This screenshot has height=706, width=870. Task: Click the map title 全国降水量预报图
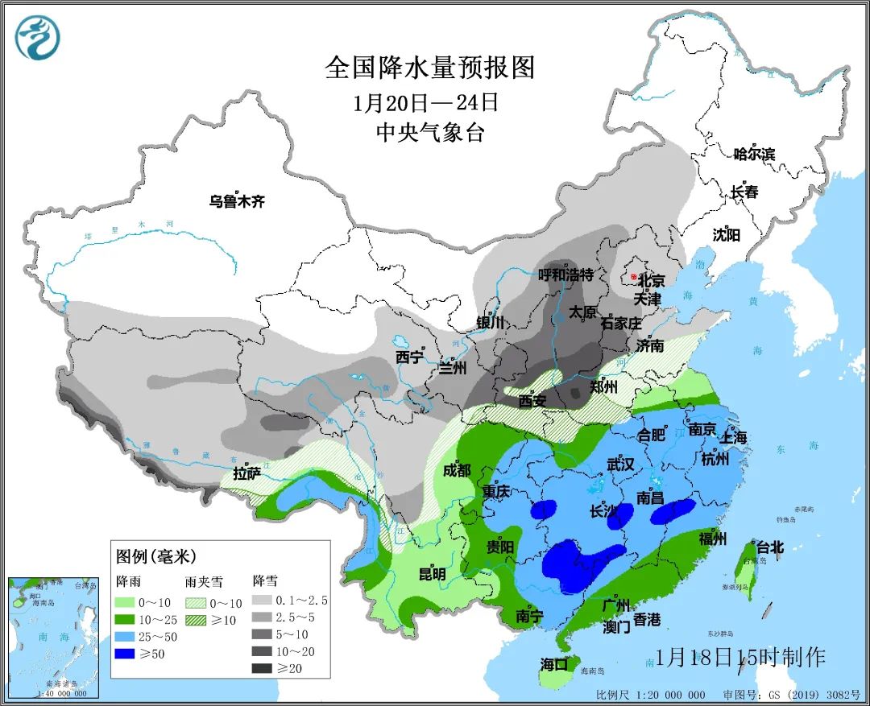pyautogui.click(x=430, y=68)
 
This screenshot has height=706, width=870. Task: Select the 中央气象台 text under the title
pyautogui.click(x=430, y=133)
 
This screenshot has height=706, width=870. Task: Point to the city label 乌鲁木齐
pyautogui.click(x=237, y=202)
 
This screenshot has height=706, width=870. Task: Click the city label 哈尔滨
pyautogui.click(x=754, y=154)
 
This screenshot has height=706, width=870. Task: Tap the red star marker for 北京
pyautogui.click(x=635, y=278)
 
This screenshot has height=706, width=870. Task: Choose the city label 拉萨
pyautogui.click(x=246, y=473)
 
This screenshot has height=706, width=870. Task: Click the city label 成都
pyautogui.click(x=457, y=471)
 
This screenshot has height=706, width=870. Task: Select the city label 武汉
pyautogui.click(x=620, y=464)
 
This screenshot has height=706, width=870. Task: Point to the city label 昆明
pyautogui.click(x=432, y=574)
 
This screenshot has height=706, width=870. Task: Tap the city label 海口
pyautogui.click(x=554, y=664)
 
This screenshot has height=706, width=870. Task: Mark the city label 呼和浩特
pyautogui.click(x=565, y=275)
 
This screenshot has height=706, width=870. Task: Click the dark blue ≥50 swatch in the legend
pyautogui.click(x=130, y=654)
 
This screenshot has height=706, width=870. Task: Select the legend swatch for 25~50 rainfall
pyautogui.click(x=130, y=636)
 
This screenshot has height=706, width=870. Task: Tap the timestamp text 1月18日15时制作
pyautogui.click(x=740, y=657)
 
